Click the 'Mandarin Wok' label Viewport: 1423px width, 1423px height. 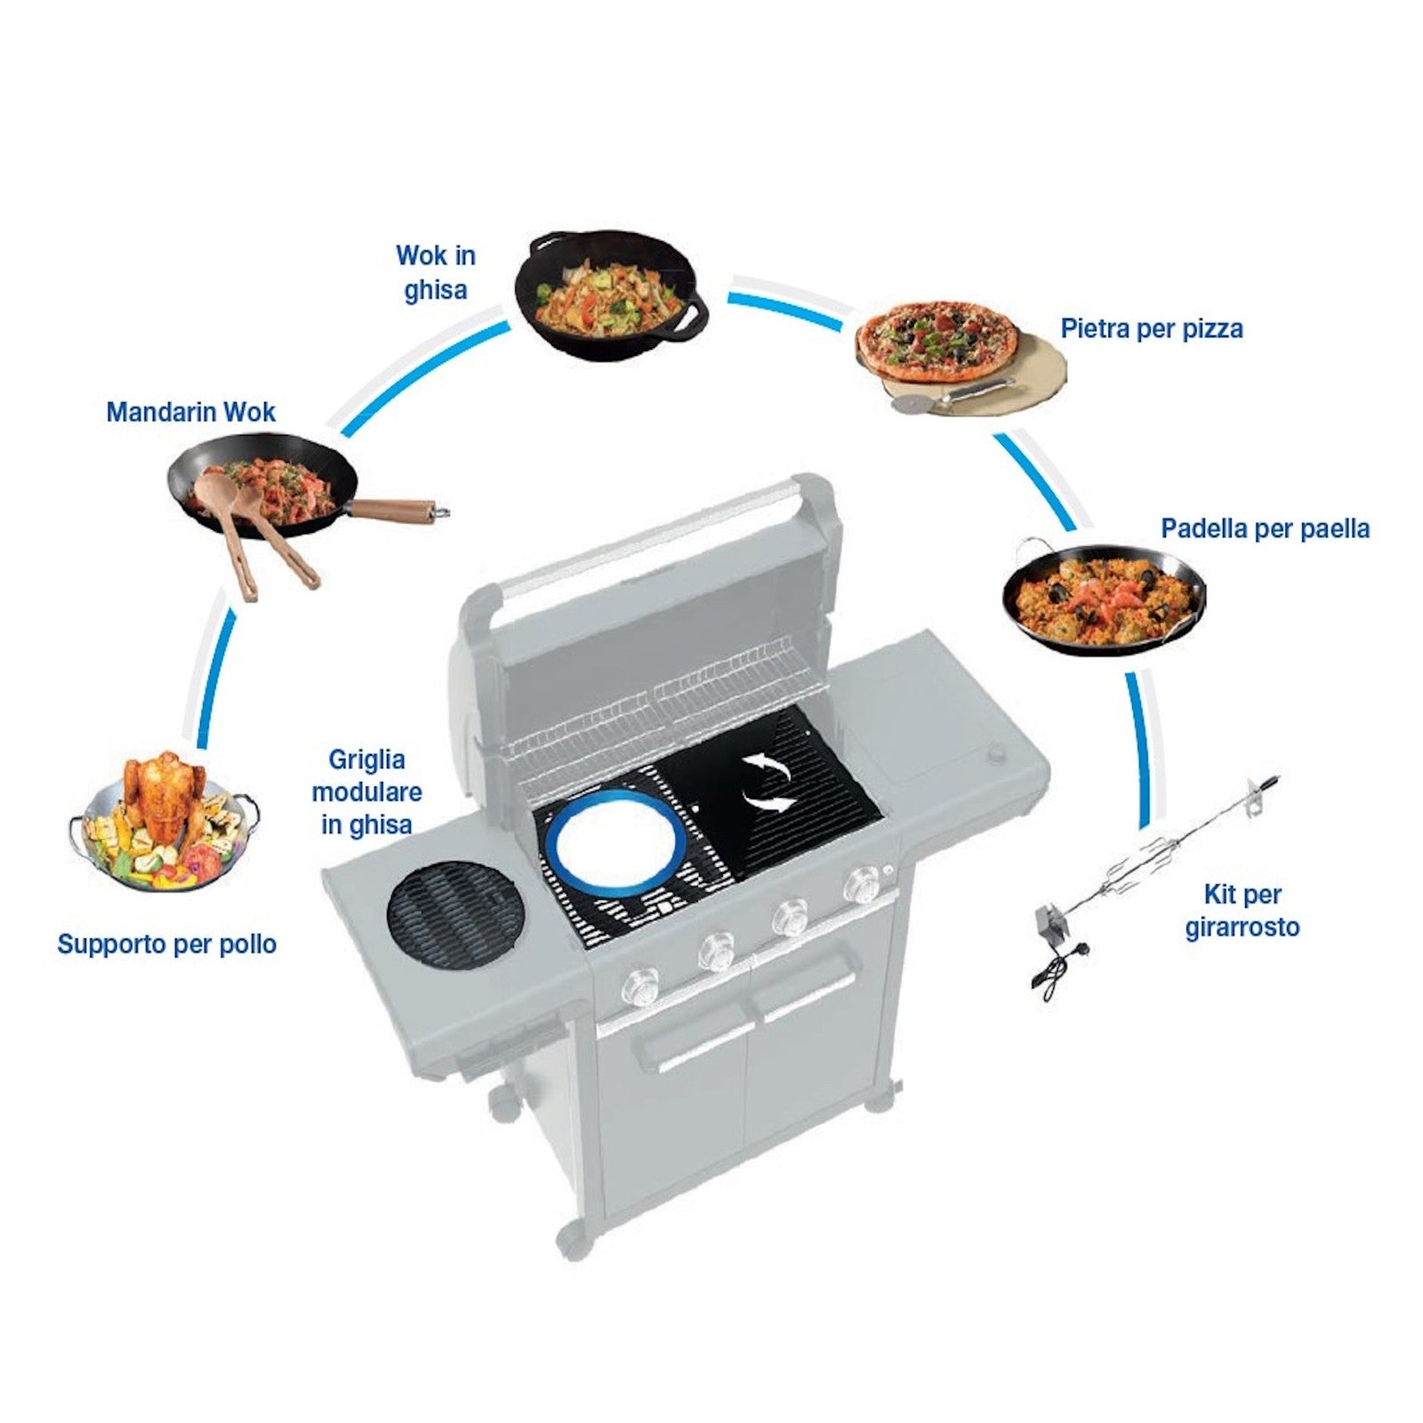190,412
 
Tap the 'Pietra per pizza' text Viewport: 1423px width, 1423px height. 1151,329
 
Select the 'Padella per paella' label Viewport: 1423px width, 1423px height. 1265,529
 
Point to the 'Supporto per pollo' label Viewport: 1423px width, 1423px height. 166,945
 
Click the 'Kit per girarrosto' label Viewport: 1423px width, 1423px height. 1242,911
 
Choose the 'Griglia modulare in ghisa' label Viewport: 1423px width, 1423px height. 366,792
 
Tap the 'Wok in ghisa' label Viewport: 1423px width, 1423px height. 436,272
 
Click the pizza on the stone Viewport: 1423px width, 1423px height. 937,343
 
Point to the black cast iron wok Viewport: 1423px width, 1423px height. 610,295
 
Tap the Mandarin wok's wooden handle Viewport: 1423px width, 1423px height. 397,511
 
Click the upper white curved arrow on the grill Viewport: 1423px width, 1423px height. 767,766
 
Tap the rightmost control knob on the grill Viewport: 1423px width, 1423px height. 862,884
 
